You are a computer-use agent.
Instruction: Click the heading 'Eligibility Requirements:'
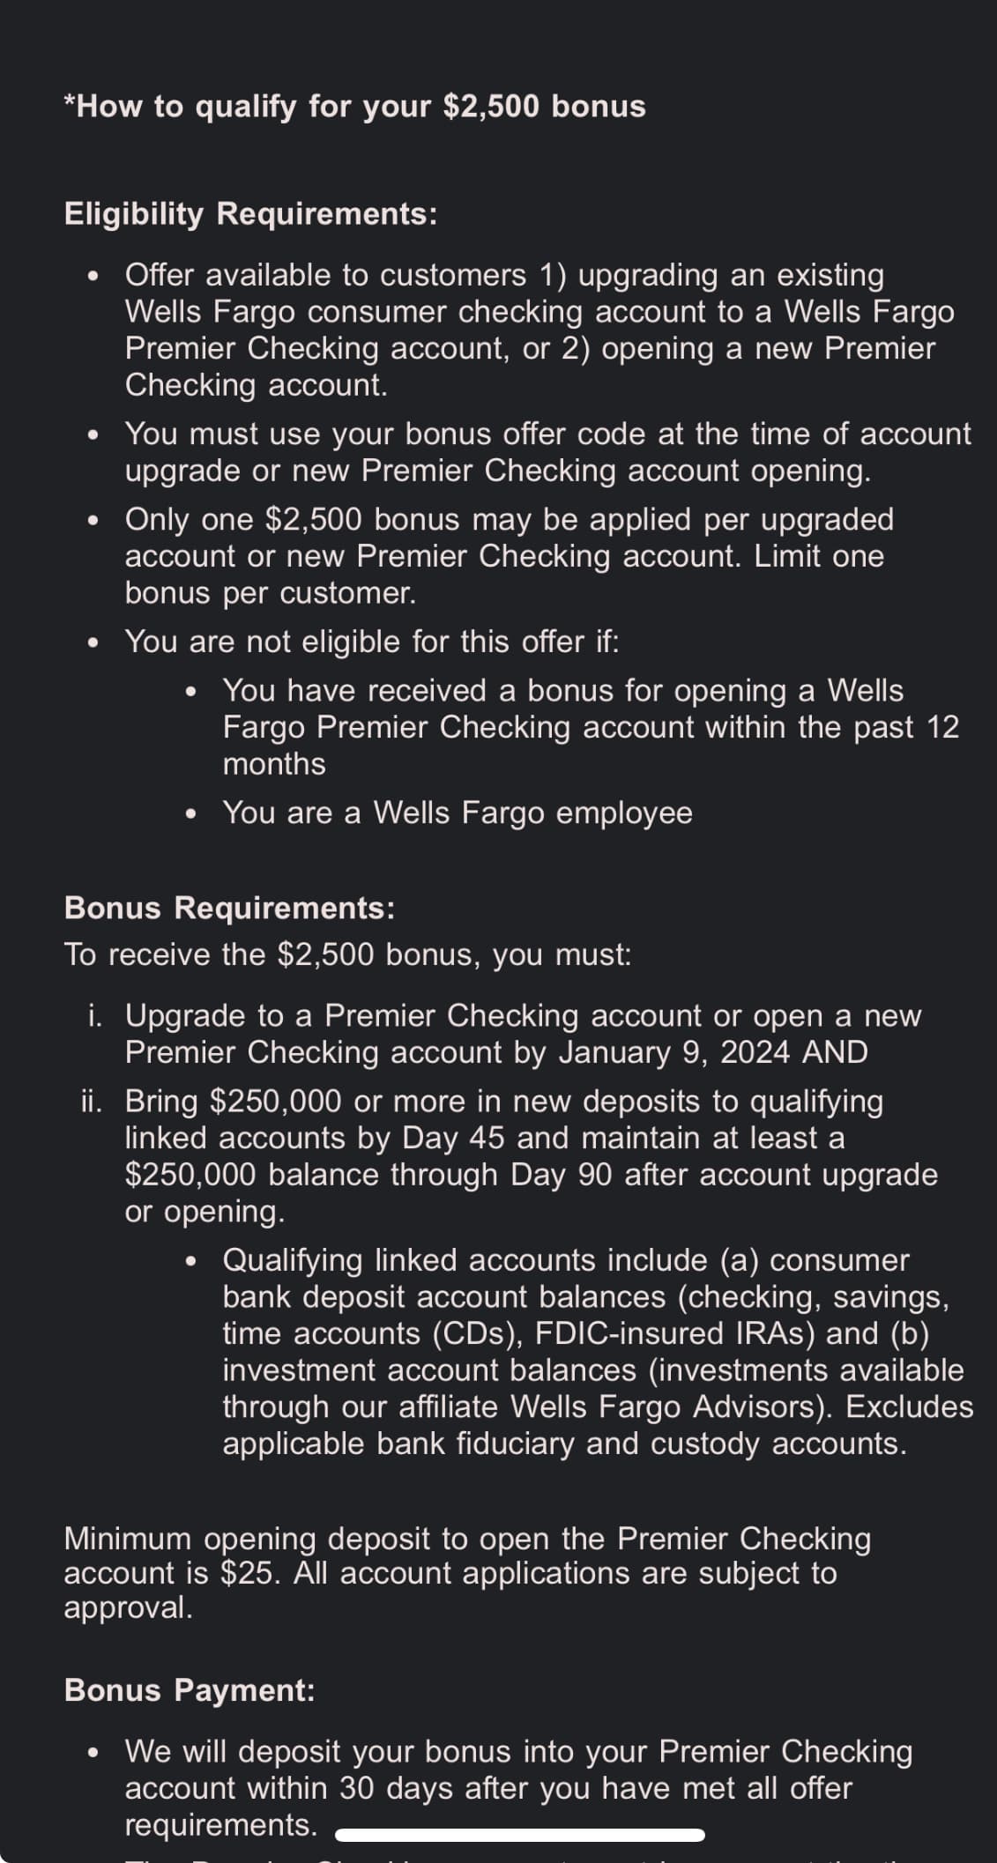point(250,214)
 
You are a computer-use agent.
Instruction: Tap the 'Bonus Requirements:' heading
point(229,908)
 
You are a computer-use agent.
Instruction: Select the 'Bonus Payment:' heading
point(190,1689)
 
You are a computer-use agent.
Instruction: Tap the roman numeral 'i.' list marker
point(95,1016)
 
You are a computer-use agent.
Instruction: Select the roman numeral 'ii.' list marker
point(92,1102)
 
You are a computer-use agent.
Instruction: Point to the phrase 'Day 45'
point(453,1139)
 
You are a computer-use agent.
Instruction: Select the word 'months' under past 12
point(274,764)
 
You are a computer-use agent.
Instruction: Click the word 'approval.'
point(128,1607)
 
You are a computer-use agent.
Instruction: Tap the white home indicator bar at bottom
point(520,1835)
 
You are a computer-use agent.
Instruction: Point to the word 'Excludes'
point(910,1407)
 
